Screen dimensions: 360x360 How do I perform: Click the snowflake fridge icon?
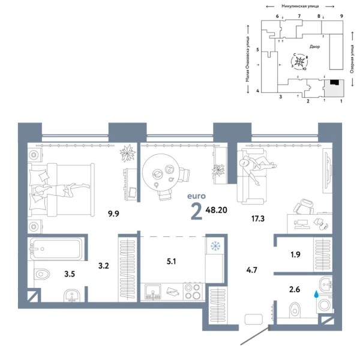(x=214, y=245)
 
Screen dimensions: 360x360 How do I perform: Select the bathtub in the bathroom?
(x=53, y=248)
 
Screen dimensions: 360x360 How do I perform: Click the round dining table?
(x=160, y=172)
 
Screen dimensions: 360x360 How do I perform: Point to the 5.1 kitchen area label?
(x=172, y=261)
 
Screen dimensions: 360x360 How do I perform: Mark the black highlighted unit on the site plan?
(x=334, y=83)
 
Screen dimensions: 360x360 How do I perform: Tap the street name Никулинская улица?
(x=293, y=5)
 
